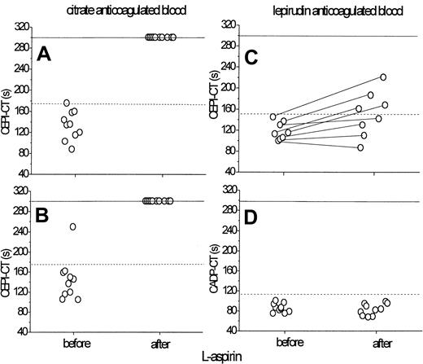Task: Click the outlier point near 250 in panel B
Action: pyautogui.click(x=72, y=226)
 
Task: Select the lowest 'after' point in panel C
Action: pyautogui.click(x=360, y=148)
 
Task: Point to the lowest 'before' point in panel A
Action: pyautogui.click(x=72, y=149)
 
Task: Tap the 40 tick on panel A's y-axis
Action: pyautogui.click(x=24, y=174)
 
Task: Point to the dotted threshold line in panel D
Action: pyautogui.click(x=325, y=294)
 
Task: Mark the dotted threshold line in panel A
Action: pyautogui.click(x=122, y=103)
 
